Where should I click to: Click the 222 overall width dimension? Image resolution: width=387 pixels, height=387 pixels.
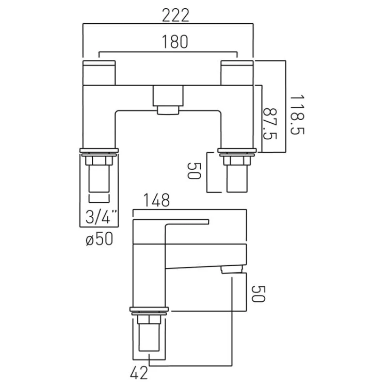tap(175, 15)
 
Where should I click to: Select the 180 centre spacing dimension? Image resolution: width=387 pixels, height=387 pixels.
tap(175, 41)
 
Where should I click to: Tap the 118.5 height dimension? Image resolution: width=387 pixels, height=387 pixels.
tap(297, 114)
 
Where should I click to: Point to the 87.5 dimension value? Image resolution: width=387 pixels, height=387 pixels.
tap(270, 124)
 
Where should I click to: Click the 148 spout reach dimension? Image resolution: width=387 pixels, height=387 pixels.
tap(157, 200)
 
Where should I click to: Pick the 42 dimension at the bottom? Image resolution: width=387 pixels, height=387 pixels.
tap(139, 373)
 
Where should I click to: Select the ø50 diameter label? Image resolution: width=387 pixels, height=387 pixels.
tap(100, 239)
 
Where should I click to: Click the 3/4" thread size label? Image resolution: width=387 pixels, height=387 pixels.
tap(101, 217)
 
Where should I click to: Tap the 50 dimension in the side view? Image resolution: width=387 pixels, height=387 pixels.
tap(258, 294)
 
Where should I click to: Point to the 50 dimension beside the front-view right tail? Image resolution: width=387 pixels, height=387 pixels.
tap(194, 171)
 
